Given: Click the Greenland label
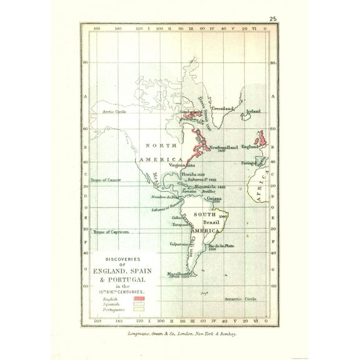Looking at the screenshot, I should (221, 108).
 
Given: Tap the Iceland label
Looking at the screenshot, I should (252, 111).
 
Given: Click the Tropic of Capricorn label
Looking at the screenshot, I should (111, 231).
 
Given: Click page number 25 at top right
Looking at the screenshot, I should (273, 19).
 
